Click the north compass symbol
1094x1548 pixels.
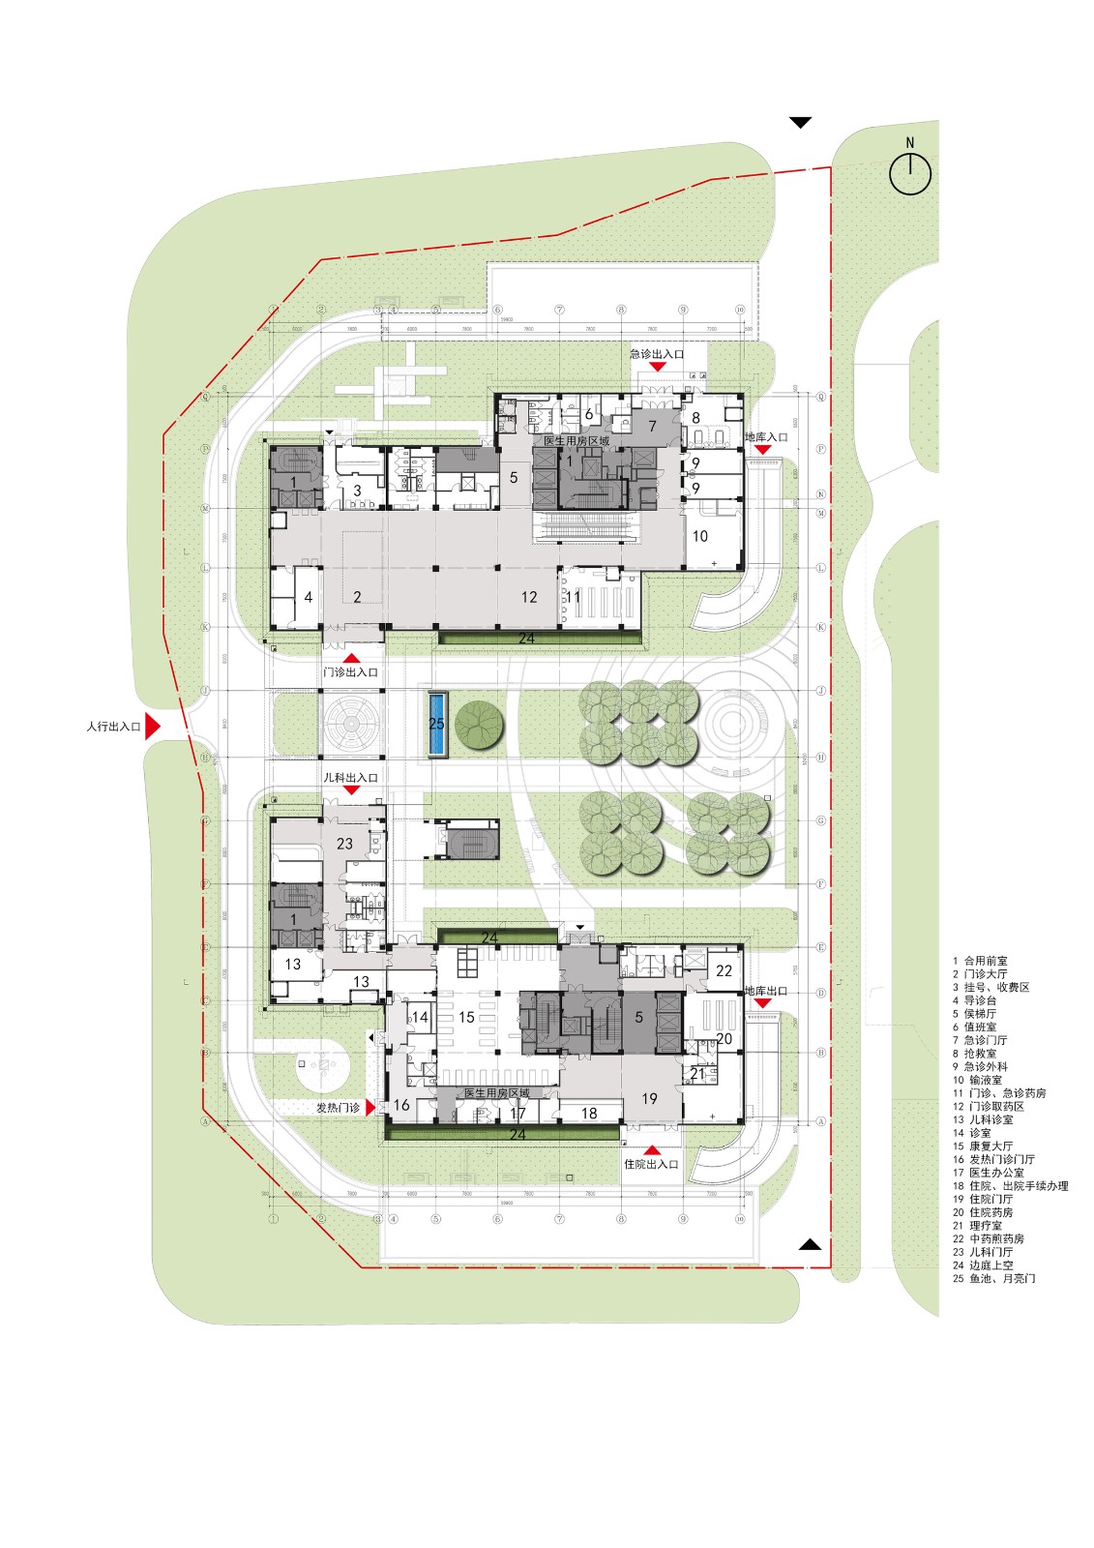pyautogui.click(x=910, y=173)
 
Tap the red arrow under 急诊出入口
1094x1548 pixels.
pyautogui.click(x=658, y=367)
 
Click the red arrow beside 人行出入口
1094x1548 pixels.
pyautogui.click(x=152, y=726)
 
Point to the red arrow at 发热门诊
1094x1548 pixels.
pyautogui.click(x=370, y=1108)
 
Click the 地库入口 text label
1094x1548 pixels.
pyautogui.click(x=766, y=437)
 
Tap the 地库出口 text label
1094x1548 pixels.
pyautogui.click(x=766, y=991)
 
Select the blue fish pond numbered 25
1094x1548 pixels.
pyautogui.click(x=437, y=724)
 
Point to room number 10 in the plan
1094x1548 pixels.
pyautogui.click(x=700, y=536)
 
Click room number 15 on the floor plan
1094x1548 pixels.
pyautogui.click(x=466, y=1017)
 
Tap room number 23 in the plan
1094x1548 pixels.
pyautogui.click(x=344, y=844)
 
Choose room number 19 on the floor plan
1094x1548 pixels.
pyautogui.click(x=649, y=1098)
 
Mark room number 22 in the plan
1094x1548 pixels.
pyautogui.click(x=724, y=970)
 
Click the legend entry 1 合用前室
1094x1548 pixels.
pyautogui.click(x=980, y=961)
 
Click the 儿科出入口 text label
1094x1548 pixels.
pyautogui.click(x=350, y=777)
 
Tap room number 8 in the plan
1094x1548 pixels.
pyautogui.click(x=695, y=418)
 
